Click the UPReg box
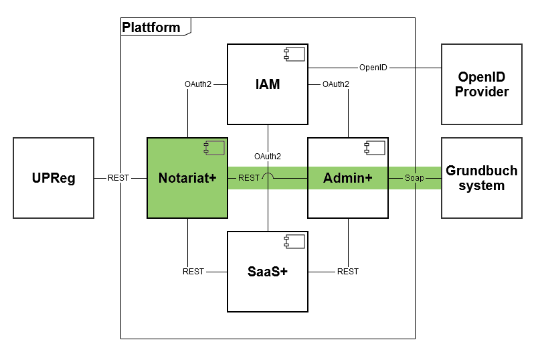pos(54,178)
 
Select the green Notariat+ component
pos(187,178)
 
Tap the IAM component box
pos(267,84)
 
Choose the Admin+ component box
pos(347,178)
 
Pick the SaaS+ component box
pos(267,272)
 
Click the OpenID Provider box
pos(482,84)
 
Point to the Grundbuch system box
pos(482,178)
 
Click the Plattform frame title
pos(151,27)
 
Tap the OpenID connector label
pos(373,67)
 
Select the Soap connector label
pos(414,178)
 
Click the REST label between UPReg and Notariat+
pos(118,178)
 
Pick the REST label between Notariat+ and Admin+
pos(248,178)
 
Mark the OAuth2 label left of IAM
pos(198,84)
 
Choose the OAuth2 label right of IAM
pos(335,84)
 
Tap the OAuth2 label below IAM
pos(268,157)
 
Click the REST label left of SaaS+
pos(193,272)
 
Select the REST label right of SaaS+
pos(348,272)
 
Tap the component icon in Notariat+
pos(215,147)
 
